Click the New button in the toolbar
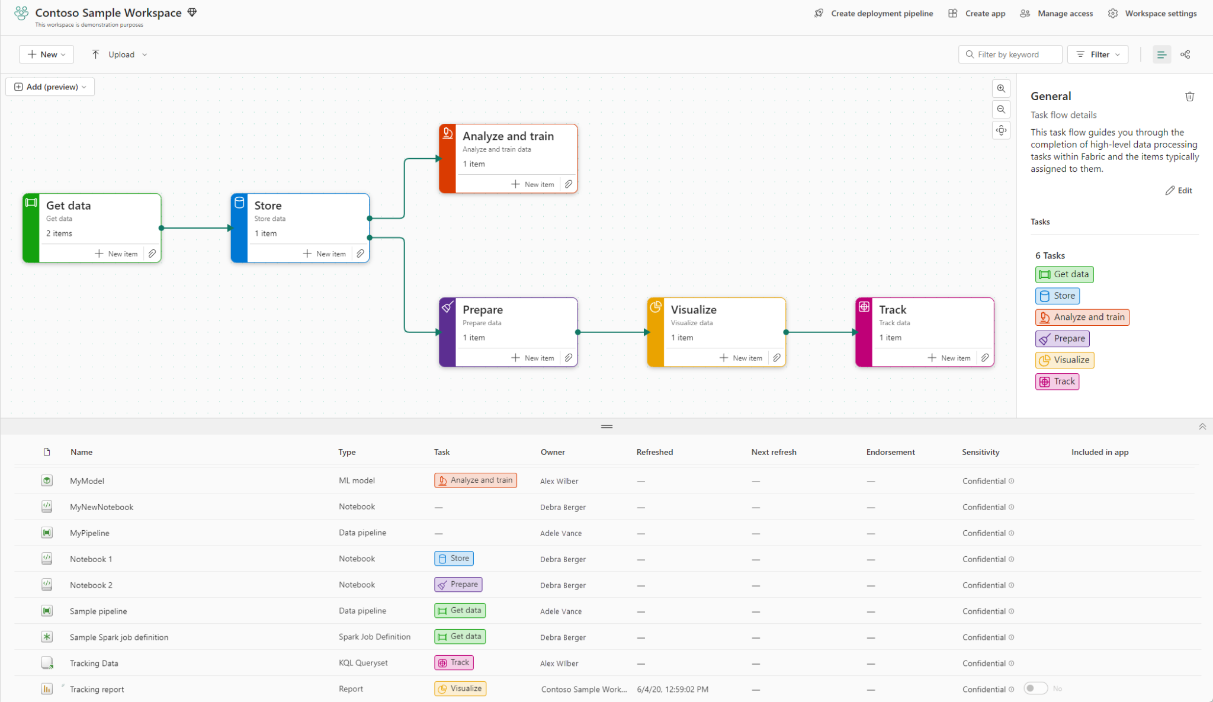[46, 55]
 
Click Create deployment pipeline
[874, 13]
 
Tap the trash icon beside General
[1189, 97]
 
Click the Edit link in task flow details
[1179, 190]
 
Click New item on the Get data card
[117, 254]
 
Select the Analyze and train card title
[508, 136]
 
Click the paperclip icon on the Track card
[984, 358]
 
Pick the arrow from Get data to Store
[195, 228]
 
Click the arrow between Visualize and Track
[820, 332]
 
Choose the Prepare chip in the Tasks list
[1063, 338]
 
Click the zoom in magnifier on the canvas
[1001, 88]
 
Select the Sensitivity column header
[980, 452]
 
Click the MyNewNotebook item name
[101, 507]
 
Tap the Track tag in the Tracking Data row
[454, 663]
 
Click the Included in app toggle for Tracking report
[1035, 688]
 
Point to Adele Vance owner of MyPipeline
[560, 533]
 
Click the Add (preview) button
[50, 87]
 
